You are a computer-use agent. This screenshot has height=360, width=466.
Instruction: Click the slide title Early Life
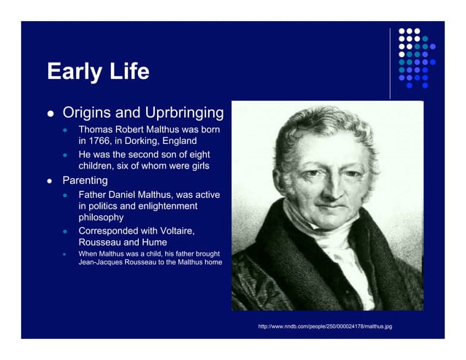pos(98,72)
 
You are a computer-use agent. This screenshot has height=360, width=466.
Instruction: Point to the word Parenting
pos(85,180)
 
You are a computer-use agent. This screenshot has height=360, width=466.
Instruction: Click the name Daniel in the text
pos(128,194)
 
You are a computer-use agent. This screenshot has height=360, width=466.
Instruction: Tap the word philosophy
pos(101,218)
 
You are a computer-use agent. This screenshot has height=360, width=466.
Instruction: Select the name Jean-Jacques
pos(102,263)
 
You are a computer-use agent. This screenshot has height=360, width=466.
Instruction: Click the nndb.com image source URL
pos(325,326)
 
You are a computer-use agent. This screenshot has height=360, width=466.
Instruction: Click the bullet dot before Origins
pos(51,114)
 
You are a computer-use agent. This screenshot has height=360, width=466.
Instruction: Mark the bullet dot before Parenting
pos(51,180)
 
